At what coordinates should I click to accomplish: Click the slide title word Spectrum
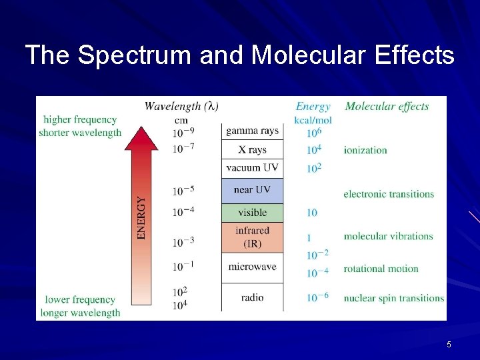[x=134, y=55]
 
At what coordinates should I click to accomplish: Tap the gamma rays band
[x=252, y=131]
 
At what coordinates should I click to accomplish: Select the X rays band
[x=252, y=150]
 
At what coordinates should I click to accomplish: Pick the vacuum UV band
[x=252, y=168]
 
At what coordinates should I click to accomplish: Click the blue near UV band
[x=252, y=191]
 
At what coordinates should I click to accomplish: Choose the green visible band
[x=252, y=213]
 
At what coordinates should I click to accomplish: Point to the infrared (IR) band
[x=252, y=237]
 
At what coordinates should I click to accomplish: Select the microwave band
[x=252, y=267]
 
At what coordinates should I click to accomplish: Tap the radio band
[x=252, y=297]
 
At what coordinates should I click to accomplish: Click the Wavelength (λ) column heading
[x=181, y=106]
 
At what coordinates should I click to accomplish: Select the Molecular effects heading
[x=387, y=106]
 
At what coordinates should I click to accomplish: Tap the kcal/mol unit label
[x=313, y=120]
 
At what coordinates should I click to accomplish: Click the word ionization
[x=365, y=150]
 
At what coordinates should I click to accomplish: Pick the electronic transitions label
[x=389, y=194]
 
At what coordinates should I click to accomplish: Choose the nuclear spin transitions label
[x=393, y=298]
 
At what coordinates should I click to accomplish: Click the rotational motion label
[x=381, y=269]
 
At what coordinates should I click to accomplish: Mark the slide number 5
[x=449, y=345]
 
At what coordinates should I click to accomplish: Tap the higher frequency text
[x=80, y=120]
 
